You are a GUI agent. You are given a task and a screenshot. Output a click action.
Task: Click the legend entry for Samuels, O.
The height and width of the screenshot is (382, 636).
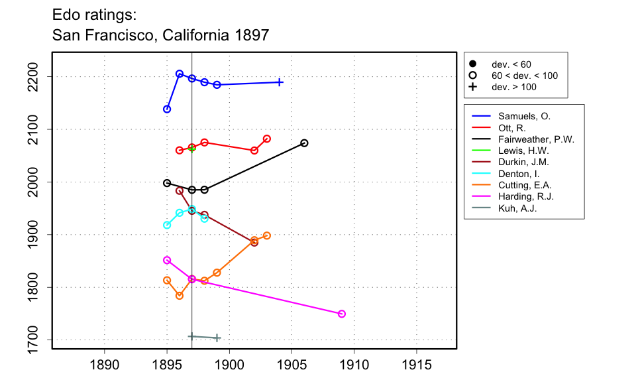(524, 116)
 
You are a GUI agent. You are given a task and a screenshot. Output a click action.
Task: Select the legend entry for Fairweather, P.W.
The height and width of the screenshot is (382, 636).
(536, 139)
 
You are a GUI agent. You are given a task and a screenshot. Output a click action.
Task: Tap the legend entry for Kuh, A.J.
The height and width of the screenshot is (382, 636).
(517, 208)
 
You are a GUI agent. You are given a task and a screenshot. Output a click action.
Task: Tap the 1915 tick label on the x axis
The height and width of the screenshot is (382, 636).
(417, 364)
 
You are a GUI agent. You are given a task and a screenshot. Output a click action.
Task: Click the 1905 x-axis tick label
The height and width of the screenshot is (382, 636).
(292, 364)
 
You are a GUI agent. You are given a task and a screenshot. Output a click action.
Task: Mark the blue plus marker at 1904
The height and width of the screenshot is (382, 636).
(280, 82)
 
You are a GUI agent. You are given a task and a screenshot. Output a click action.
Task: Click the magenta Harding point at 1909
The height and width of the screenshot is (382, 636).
(342, 314)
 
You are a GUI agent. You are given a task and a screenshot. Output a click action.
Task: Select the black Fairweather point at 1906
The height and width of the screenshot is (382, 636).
(305, 143)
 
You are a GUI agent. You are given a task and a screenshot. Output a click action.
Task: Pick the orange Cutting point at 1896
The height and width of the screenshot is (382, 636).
(180, 296)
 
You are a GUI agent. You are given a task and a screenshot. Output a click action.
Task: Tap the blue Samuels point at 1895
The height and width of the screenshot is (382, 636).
(167, 109)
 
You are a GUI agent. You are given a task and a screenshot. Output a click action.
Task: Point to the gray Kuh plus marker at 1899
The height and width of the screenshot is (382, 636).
(217, 338)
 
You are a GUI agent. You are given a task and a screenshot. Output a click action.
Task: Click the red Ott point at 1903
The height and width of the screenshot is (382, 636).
(267, 139)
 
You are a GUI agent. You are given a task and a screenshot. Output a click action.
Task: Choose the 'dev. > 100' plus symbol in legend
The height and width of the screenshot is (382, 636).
(473, 87)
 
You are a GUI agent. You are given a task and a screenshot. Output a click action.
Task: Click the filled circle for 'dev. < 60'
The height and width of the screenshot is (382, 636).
(473, 64)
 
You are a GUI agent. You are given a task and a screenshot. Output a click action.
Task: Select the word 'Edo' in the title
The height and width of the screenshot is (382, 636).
(68, 14)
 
